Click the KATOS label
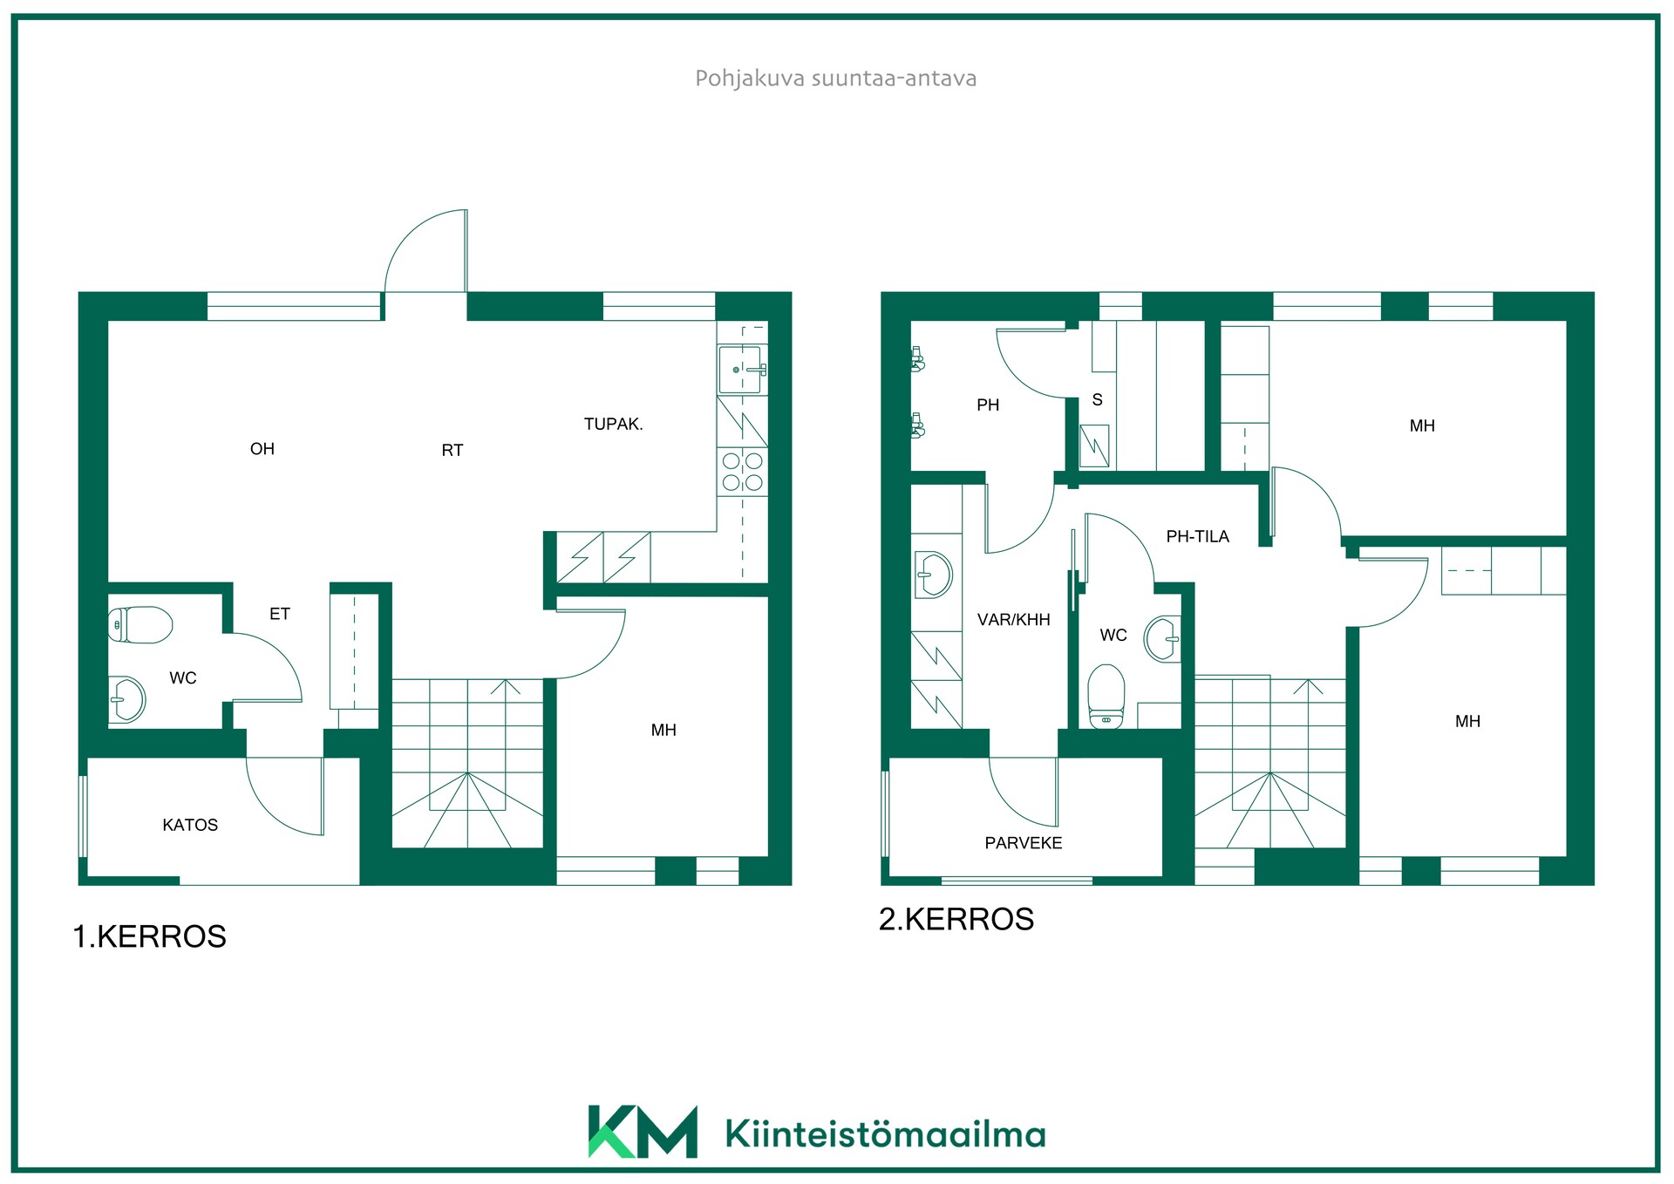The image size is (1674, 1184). (190, 825)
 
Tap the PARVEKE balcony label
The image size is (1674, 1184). (1024, 843)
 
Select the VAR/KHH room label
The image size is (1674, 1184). (1014, 620)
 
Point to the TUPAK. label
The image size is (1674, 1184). (614, 425)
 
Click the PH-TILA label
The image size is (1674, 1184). (1198, 537)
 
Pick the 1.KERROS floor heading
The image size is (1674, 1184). (149, 936)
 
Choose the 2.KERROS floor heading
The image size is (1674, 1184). (956, 919)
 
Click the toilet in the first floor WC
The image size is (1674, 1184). (140, 624)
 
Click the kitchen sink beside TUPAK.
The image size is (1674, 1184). (742, 370)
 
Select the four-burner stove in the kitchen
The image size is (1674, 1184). (743, 472)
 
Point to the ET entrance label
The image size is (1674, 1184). (280, 614)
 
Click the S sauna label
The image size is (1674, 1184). (1098, 400)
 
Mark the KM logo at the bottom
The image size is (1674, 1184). (643, 1132)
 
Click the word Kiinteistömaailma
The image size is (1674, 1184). (885, 1133)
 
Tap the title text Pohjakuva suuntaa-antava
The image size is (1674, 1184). (835, 78)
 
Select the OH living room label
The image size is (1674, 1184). (262, 449)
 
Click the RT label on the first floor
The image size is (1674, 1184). (453, 451)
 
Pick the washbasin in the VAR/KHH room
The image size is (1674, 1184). (934, 575)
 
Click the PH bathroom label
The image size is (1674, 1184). (988, 405)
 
